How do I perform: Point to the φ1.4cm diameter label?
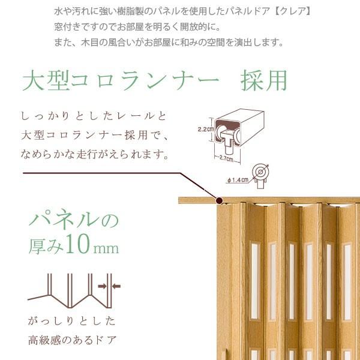240,179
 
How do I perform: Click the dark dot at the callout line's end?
220,201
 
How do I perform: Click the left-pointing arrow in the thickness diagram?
116,286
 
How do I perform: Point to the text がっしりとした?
72,320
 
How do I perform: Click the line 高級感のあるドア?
72,340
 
